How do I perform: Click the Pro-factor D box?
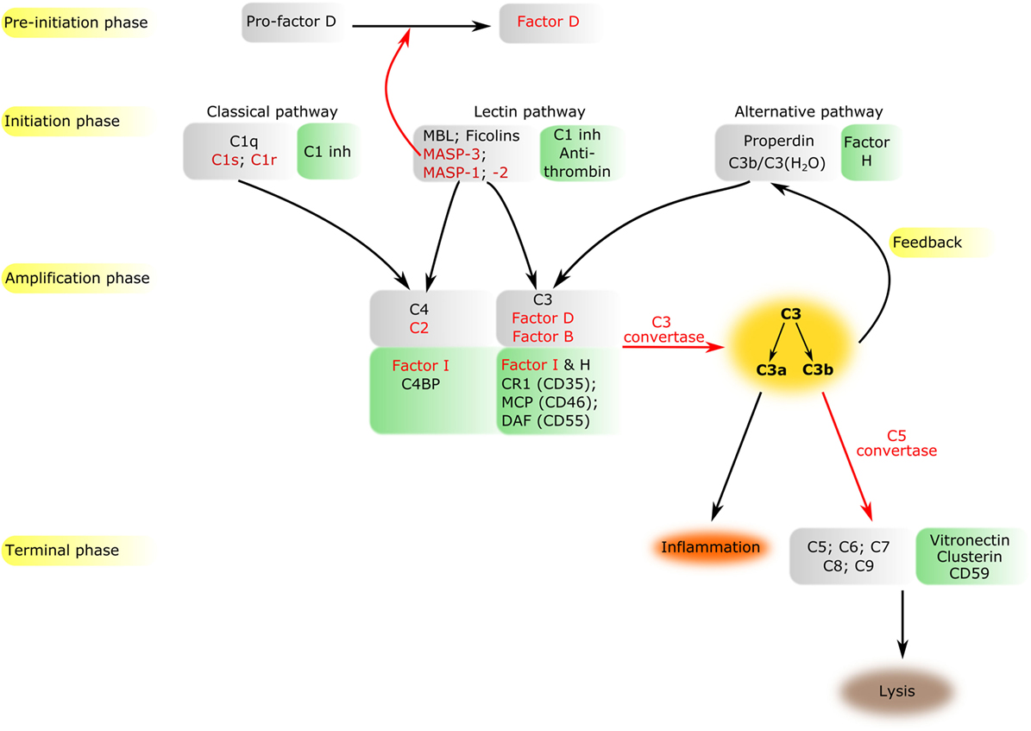pyautogui.click(x=292, y=22)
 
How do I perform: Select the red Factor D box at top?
pyautogui.click(x=550, y=23)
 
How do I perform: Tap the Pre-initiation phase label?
pyautogui.click(x=78, y=22)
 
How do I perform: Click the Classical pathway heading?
pyautogui.click(x=273, y=112)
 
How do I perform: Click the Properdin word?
pyautogui.click(x=778, y=141)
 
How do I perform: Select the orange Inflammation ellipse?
pyautogui.click(x=710, y=547)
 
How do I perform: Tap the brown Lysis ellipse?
pyautogui.click(x=897, y=691)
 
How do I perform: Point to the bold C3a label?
pyautogui.click(x=771, y=369)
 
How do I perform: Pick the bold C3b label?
pyautogui.click(x=818, y=369)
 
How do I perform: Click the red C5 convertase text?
pyautogui.click(x=897, y=444)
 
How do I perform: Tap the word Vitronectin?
pyautogui.click(x=970, y=540)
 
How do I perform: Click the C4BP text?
pyautogui.click(x=421, y=384)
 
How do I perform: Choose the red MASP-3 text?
pyautogui.click(x=451, y=154)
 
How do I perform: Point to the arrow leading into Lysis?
pyautogui.click(x=902, y=624)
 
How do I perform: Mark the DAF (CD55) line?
pyautogui.click(x=546, y=421)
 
